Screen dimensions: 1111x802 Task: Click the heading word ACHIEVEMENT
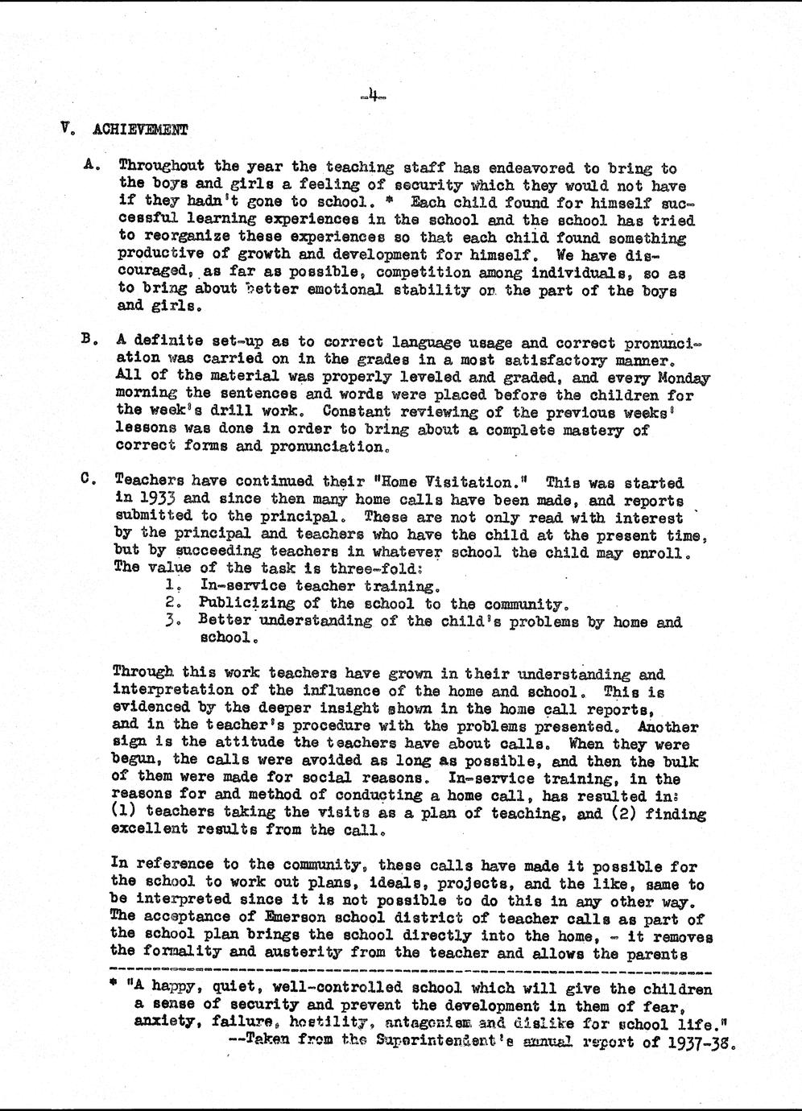(x=141, y=129)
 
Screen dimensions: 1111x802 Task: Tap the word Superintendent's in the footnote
(x=439, y=1040)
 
